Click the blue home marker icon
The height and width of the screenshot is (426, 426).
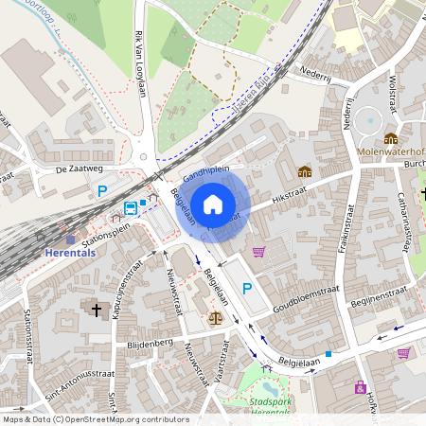213,204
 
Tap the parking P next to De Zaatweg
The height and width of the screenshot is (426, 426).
102,191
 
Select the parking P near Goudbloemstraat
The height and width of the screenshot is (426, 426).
247,289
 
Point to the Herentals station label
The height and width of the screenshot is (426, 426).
70,253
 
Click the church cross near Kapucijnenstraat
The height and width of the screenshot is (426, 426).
95,310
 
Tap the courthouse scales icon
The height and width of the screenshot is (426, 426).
215,320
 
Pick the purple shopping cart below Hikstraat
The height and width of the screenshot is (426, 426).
258,252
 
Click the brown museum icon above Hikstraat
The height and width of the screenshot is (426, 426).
305,171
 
